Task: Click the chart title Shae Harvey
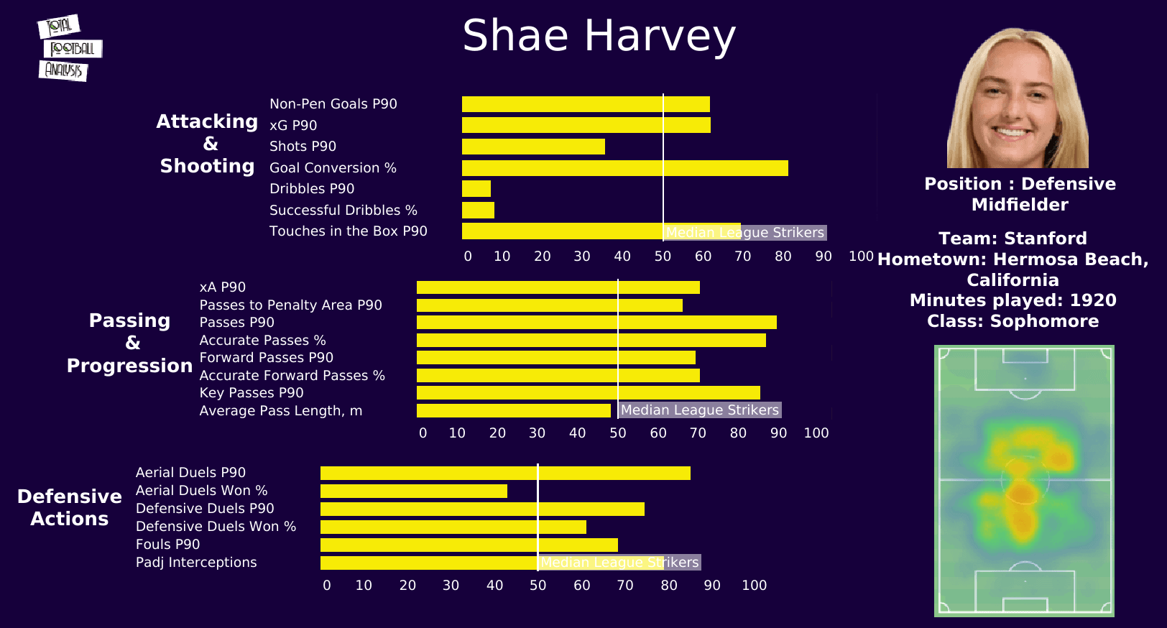[599, 36]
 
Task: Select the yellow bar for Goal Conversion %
[624, 168]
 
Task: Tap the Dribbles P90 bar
[476, 189]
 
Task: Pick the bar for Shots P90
[533, 147]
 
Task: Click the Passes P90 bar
[596, 323]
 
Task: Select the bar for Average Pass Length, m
[514, 411]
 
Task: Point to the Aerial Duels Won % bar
[414, 491]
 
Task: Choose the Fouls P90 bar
[469, 545]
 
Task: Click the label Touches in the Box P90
[348, 231]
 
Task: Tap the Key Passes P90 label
[252, 393]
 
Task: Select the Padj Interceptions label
[196, 563]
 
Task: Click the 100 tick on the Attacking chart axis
[861, 257]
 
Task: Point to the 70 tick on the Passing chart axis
[698, 433]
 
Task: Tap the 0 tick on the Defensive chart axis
[327, 586]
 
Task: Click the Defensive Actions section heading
[70, 508]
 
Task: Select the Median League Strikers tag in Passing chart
[700, 410]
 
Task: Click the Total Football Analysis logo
[70, 48]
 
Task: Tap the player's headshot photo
[1018, 99]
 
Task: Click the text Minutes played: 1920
[1013, 300]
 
